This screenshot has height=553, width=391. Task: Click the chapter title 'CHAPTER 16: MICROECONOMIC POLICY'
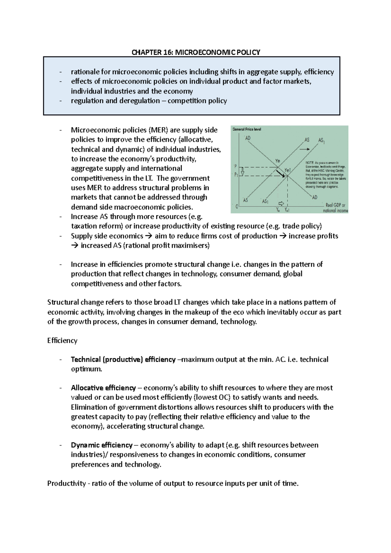click(x=195, y=52)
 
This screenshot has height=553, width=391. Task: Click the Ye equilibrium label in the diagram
click(x=277, y=161)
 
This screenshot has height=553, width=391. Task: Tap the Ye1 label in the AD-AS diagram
click(x=287, y=170)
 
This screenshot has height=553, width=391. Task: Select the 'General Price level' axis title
click(x=247, y=129)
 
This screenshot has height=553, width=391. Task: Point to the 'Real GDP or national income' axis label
click(x=335, y=208)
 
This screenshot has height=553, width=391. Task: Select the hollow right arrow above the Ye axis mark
click(x=281, y=202)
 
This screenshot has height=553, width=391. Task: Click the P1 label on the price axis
click(x=237, y=175)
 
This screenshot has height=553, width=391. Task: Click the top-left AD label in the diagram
click(x=248, y=138)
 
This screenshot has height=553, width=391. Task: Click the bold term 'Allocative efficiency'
click(x=103, y=388)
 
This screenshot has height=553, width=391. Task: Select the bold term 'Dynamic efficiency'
click(x=102, y=445)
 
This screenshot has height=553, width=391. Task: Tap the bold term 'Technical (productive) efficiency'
click(x=123, y=360)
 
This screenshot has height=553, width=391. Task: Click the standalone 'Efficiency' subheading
click(x=62, y=341)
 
